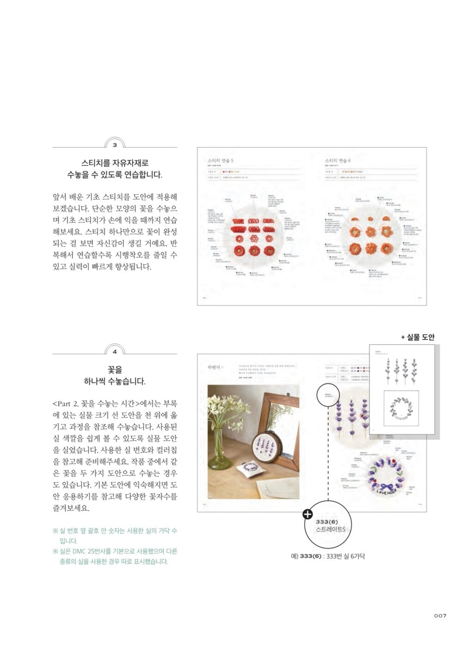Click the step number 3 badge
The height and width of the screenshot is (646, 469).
coord(114,145)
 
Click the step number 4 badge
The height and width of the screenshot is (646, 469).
coord(114,352)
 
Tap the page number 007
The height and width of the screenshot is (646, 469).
coord(440,616)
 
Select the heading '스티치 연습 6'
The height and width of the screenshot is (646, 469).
coord(337,160)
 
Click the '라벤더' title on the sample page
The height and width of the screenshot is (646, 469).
coord(215,367)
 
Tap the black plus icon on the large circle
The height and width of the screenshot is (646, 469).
coord(307,514)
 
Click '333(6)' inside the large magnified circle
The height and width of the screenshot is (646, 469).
coord(327,521)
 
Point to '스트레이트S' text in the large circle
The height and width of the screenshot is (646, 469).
coord(330,530)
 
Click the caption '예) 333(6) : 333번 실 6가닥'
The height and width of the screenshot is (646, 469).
coord(328,556)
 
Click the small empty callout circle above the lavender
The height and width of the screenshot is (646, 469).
coord(328,397)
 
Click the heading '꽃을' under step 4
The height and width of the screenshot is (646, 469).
coord(114,370)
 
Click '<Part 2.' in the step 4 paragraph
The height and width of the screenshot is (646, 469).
coord(66,404)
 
